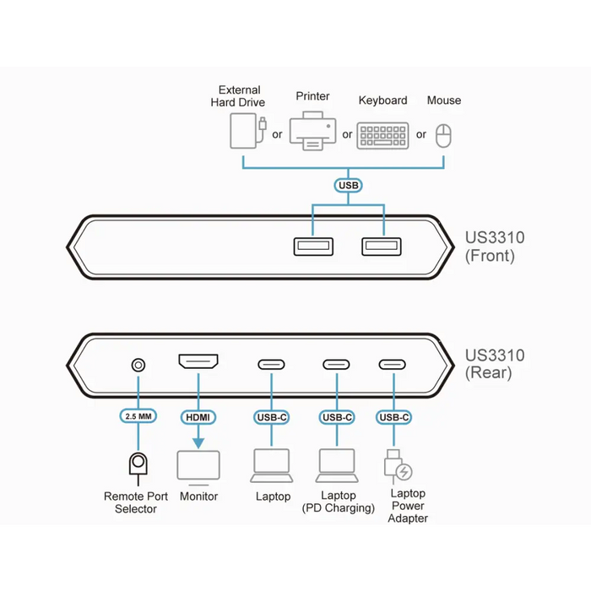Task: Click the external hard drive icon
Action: click(x=242, y=133)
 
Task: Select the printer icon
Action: click(x=312, y=131)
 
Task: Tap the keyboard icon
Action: click(x=382, y=135)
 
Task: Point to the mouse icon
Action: click(x=444, y=135)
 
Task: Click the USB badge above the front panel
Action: click(x=348, y=185)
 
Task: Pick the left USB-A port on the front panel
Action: click(x=312, y=247)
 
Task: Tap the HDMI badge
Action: click(x=198, y=417)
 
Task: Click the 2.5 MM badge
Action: click(x=137, y=417)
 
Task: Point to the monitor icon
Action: click(x=198, y=468)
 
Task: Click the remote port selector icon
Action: click(x=137, y=465)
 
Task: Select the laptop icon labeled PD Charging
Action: click(x=337, y=464)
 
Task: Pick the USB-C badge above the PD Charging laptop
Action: click(x=337, y=417)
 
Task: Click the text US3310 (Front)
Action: click(x=495, y=247)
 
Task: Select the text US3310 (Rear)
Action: click(x=495, y=364)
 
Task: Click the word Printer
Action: click(x=312, y=96)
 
